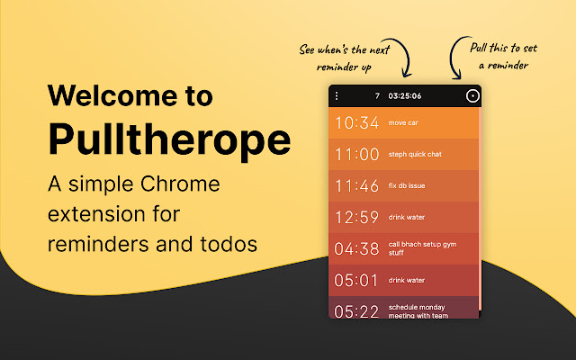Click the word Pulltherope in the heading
click(x=168, y=139)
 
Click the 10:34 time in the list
click(x=356, y=122)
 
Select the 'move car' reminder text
click(x=403, y=122)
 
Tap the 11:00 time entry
click(x=356, y=154)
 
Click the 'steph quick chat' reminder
click(x=415, y=154)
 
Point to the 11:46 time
click(x=356, y=185)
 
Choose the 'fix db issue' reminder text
click(x=407, y=185)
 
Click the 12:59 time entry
click(x=356, y=217)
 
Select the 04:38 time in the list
click(x=356, y=248)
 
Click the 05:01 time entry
click(x=356, y=280)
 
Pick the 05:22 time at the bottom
click(x=356, y=310)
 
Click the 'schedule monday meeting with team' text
click(x=419, y=310)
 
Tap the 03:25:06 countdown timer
click(x=404, y=95)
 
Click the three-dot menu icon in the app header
click(x=337, y=95)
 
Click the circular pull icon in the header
click(x=472, y=95)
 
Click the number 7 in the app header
click(x=377, y=95)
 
